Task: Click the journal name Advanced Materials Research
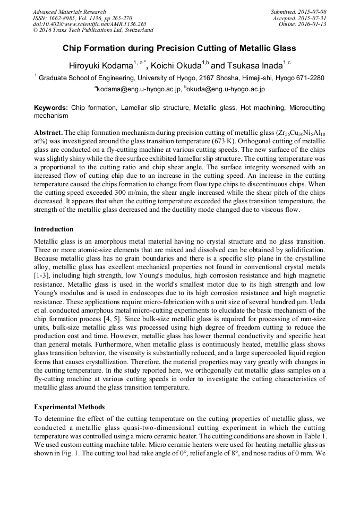tap(70, 12)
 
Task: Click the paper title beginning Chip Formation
tap(180, 48)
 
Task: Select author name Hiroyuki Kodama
tap(100, 66)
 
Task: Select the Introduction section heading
tap(54, 229)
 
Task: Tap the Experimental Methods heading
tap(69, 407)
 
